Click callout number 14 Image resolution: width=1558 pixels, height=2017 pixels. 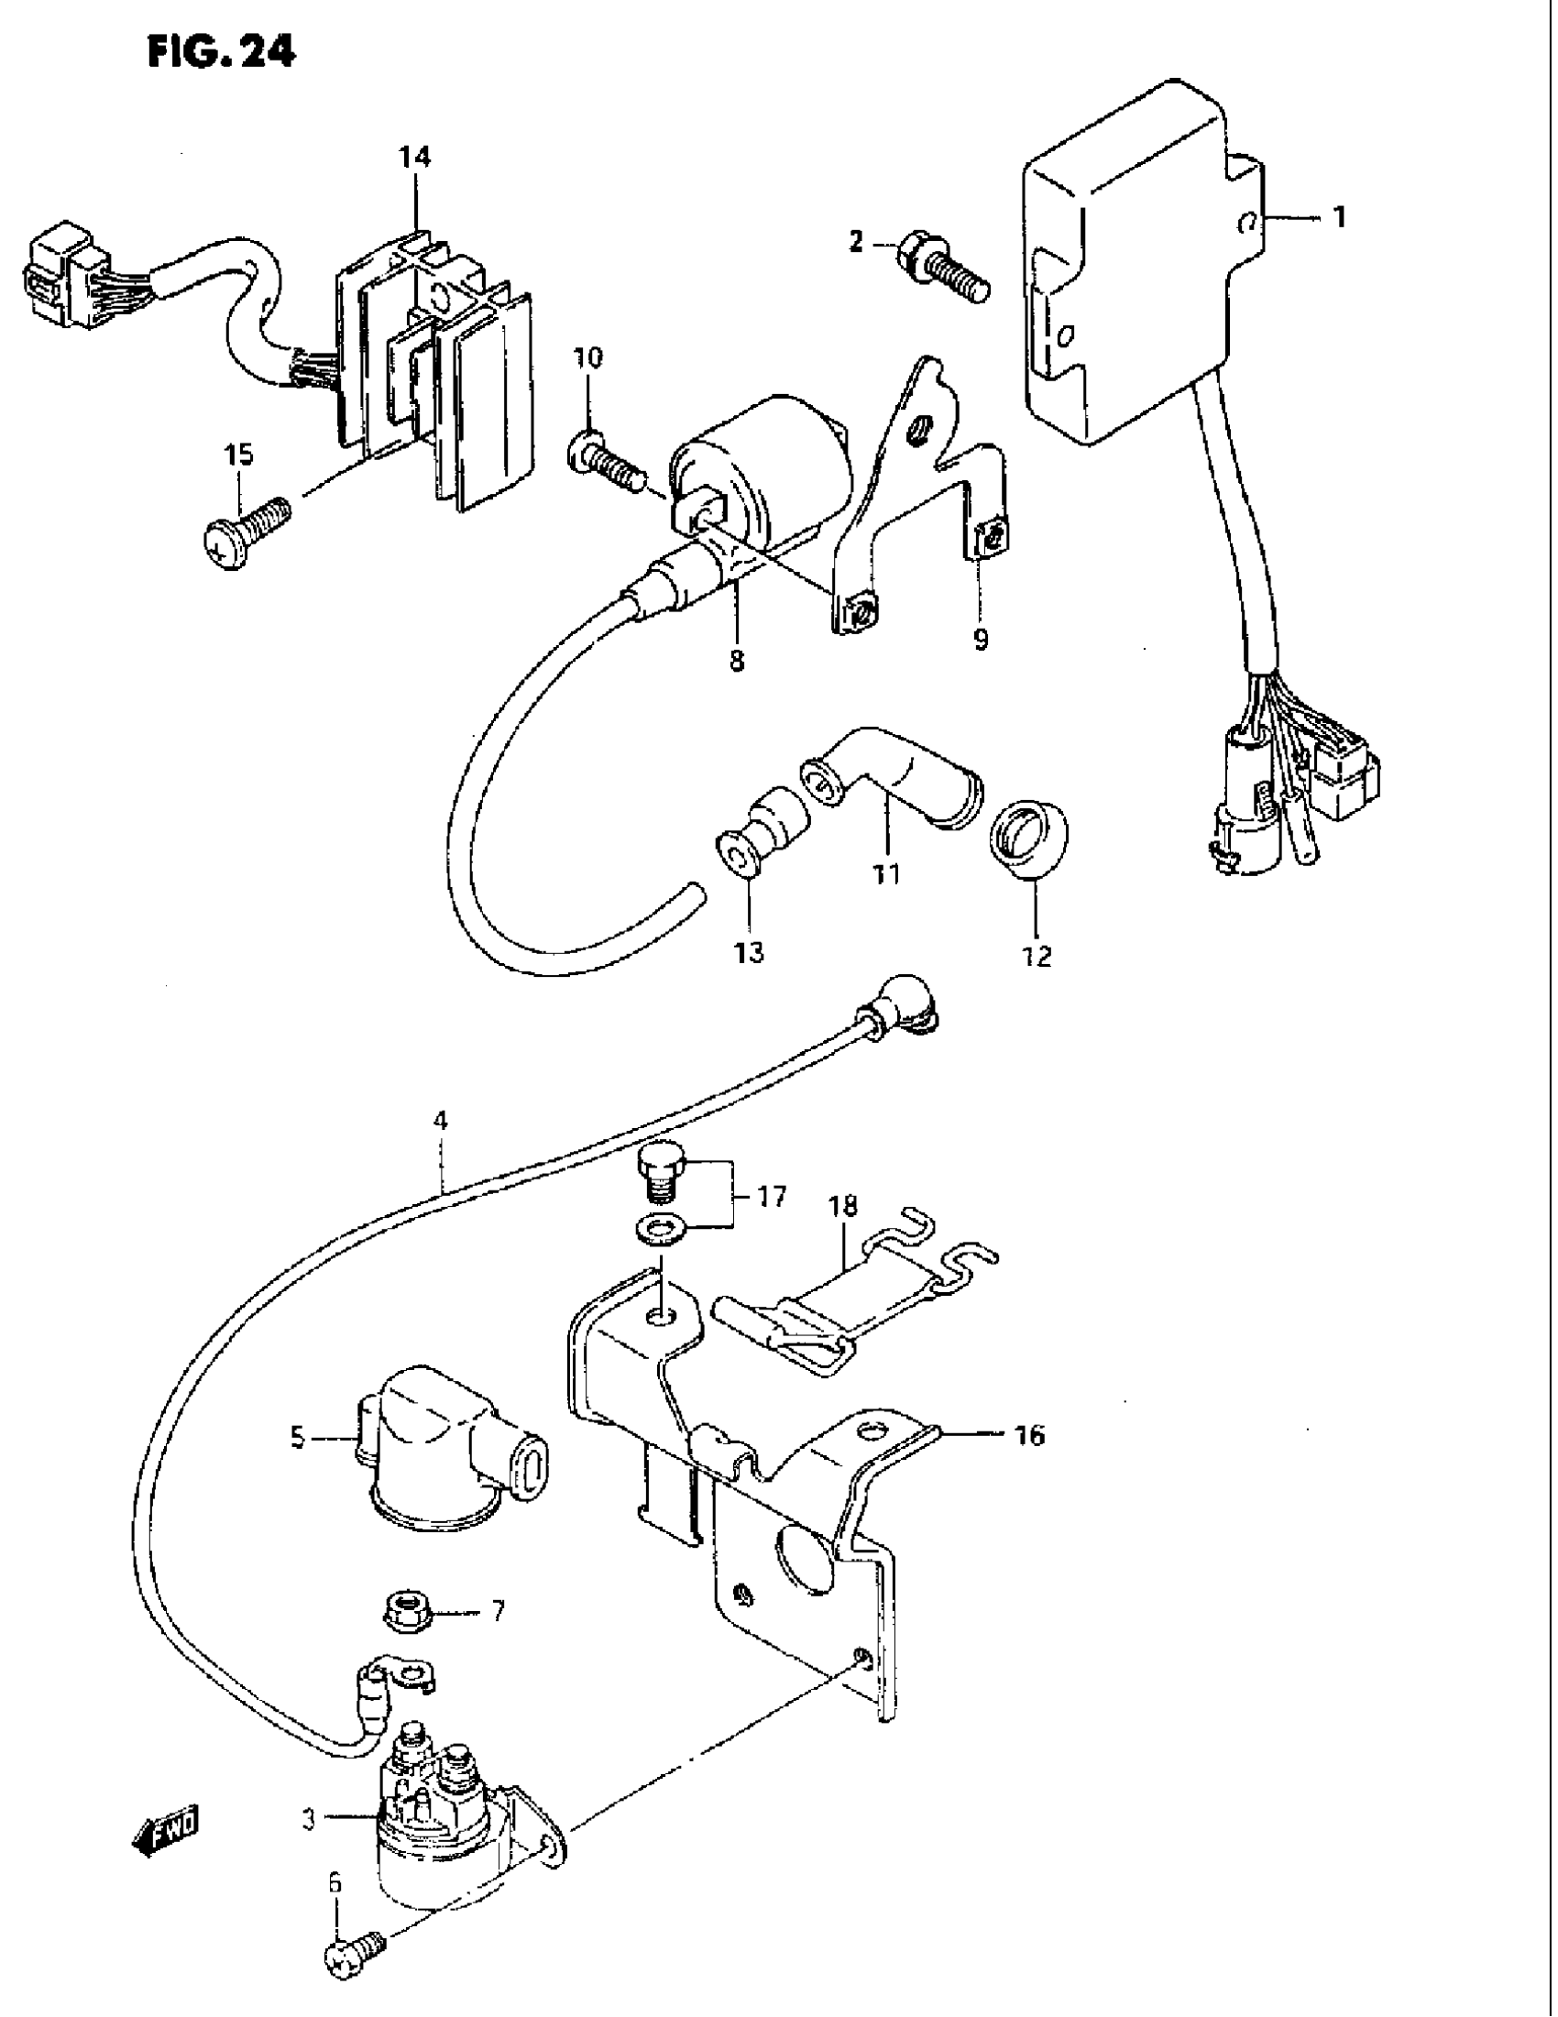(x=414, y=158)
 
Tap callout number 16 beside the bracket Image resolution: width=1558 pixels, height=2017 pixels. (x=1029, y=1436)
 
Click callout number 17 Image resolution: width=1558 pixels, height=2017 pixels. (x=771, y=1198)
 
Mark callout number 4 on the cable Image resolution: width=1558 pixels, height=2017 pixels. (x=441, y=1121)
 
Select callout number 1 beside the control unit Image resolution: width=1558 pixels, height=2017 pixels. (x=1338, y=218)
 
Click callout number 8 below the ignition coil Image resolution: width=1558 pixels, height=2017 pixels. (x=736, y=662)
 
